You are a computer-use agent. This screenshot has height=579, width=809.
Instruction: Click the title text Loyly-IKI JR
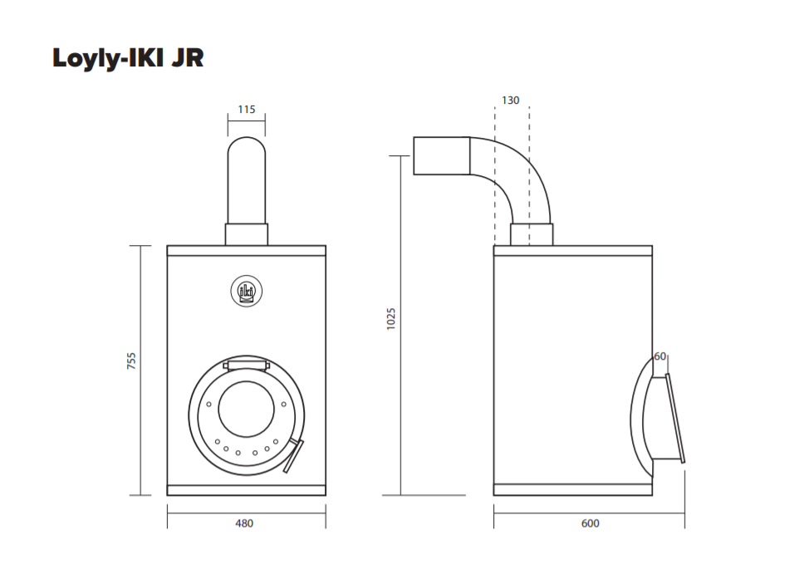[128, 58]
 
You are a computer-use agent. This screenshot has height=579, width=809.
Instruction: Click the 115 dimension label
[247, 109]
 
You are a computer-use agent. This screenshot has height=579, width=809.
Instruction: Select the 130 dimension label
[511, 100]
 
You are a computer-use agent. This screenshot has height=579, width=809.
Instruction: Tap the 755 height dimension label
[131, 361]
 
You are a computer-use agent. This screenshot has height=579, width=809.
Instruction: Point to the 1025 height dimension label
[391, 319]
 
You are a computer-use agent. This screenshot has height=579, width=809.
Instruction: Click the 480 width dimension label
[244, 523]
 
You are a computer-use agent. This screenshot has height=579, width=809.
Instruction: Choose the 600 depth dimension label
[590, 523]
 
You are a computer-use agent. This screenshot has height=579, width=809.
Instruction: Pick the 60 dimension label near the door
[660, 356]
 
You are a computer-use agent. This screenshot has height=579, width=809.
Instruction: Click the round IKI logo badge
[247, 291]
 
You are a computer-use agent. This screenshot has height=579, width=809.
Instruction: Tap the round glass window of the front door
[246, 408]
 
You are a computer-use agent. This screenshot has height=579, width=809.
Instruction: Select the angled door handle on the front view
[294, 456]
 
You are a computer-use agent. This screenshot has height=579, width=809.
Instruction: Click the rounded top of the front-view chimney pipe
[247, 150]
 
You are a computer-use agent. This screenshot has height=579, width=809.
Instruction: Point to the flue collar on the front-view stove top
[247, 234]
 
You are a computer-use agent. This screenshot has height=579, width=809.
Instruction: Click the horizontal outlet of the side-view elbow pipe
[442, 156]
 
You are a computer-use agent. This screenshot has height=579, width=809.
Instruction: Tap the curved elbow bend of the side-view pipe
[515, 170]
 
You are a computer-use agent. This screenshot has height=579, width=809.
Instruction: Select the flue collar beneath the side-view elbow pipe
[532, 234]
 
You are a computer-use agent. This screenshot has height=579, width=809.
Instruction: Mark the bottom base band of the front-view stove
[247, 489]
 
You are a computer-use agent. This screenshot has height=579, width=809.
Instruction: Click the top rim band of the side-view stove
[573, 250]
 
